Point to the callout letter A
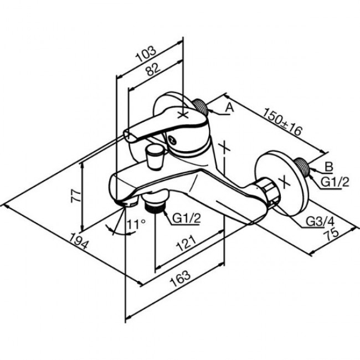[230, 109]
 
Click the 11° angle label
[135, 224]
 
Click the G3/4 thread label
[319, 223]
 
